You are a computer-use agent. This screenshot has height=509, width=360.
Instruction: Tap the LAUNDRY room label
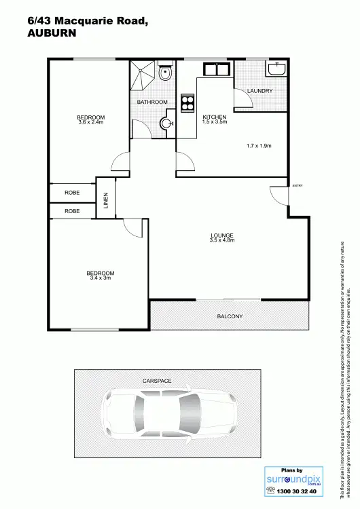click(x=260, y=90)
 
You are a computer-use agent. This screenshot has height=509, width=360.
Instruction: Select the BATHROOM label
click(x=152, y=102)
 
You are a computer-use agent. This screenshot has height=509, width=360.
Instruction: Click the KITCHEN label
click(x=215, y=117)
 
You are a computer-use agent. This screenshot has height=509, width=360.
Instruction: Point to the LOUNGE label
click(x=222, y=235)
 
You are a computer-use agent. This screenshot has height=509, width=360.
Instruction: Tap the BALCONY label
click(x=230, y=316)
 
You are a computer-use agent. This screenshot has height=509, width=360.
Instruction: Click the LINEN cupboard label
click(x=106, y=202)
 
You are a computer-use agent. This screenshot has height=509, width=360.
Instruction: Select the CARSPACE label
click(x=156, y=381)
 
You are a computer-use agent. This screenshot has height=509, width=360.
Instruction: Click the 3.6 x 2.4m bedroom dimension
click(x=91, y=122)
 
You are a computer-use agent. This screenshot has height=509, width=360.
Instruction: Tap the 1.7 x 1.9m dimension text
click(x=259, y=146)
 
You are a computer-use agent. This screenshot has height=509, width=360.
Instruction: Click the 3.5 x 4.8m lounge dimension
click(x=222, y=241)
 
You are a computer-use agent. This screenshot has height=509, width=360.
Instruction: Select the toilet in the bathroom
click(x=165, y=73)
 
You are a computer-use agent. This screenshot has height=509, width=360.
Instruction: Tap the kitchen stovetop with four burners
click(x=187, y=102)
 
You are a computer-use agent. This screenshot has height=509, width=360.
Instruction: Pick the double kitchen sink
click(x=217, y=69)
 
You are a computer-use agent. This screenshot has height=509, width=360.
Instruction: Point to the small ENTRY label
click(x=297, y=185)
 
